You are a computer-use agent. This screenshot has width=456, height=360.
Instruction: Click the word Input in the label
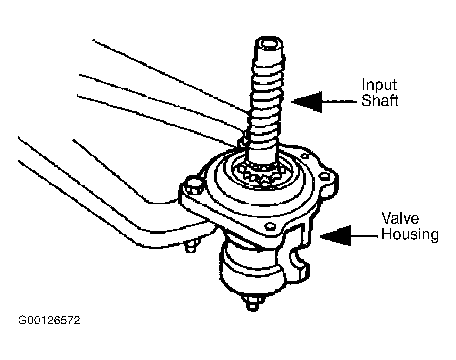[379, 86]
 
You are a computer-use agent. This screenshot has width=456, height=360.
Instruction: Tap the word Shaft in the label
[379, 100]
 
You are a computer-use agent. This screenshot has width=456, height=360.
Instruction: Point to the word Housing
[410, 234]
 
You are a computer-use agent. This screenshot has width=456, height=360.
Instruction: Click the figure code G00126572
[49, 321]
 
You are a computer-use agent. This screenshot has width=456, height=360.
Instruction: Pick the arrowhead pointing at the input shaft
[307, 102]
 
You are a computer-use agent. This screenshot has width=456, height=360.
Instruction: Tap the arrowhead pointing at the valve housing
[335, 235]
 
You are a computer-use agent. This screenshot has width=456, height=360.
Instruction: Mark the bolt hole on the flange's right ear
[325, 176]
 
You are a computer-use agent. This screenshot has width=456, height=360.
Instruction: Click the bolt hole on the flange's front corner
[270, 226]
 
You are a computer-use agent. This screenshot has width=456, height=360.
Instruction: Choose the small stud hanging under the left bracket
[191, 246]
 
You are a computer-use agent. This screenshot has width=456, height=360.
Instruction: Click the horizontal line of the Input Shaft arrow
[339, 102]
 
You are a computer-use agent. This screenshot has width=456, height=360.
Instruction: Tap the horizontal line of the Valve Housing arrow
[364, 236]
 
